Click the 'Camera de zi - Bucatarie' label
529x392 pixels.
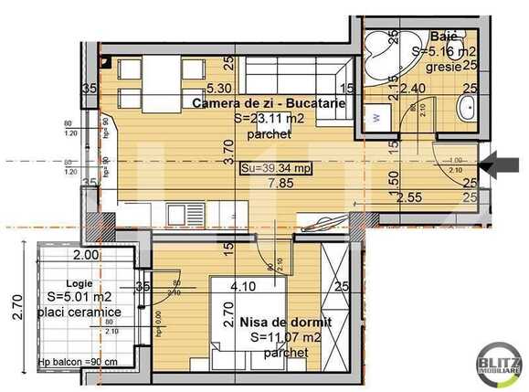269,103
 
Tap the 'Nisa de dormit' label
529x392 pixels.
280,323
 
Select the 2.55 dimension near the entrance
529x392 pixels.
408,196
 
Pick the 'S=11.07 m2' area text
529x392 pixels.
284,338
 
